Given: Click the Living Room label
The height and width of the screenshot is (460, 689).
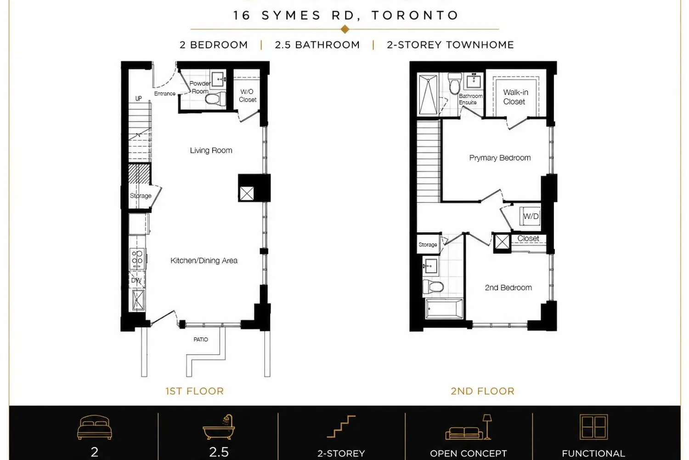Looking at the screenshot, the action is click(x=211, y=151).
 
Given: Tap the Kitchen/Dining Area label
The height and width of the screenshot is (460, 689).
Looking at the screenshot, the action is click(x=204, y=261).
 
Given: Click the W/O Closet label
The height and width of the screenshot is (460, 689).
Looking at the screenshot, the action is click(x=247, y=96).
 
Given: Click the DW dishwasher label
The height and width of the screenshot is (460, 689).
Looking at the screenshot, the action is click(x=136, y=281).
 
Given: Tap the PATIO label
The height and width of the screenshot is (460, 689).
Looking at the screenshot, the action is click(x=201, y=339).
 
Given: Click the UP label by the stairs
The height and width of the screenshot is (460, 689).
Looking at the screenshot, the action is click(x=138, y=98).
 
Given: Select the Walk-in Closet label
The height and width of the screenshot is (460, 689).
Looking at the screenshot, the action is click(x=515, y=97).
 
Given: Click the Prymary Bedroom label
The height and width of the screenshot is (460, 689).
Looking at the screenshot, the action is click(x=500, y=158).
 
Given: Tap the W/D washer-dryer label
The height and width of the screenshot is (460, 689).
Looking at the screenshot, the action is click(x=531, y=216).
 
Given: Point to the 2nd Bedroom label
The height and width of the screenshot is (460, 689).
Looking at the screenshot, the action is click(x=508, y=288).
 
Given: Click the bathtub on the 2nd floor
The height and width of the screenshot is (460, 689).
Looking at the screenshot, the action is click(x=444, y=308).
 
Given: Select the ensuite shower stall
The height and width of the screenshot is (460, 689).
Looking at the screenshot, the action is click(x=428, y=95).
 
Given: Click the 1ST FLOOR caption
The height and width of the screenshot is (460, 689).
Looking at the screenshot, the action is click(x=195, y=391).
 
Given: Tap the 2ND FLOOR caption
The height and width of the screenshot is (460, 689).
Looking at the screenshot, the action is click(x=483, y=391).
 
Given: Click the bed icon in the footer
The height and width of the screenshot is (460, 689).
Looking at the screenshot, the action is click(x=95, y=428).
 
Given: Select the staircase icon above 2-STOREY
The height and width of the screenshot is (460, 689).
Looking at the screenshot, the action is click(x=341, y=426).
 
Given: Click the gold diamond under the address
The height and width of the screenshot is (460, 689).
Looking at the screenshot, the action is click(x=345, y=29).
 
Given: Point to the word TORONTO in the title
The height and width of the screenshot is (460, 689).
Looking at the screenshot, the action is click(x=415, y=15).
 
